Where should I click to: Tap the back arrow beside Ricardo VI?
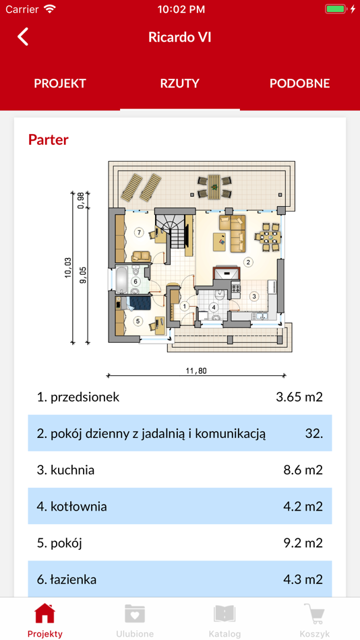point(23,37)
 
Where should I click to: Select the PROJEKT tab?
point(59,84)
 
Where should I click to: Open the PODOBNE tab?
point(299,84)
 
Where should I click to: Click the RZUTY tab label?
point(180,84)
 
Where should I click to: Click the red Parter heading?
point(49,139)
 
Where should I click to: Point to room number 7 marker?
point(140,232)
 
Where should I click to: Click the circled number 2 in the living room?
point(247,262)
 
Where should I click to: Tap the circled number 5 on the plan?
point(138,321)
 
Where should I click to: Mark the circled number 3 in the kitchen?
point(253,296)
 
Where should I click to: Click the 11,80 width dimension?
point(196,371)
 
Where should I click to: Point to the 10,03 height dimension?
point(68,268)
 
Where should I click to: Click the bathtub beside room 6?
point(121,280)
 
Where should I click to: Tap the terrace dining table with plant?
point(214,187)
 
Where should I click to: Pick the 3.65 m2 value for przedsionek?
point(299,397)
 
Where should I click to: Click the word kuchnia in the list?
point(72,470)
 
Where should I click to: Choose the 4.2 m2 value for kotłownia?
point(303,507)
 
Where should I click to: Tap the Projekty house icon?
point(45,613)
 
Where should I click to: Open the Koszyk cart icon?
point(315,614)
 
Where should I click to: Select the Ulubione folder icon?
point(135,614)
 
